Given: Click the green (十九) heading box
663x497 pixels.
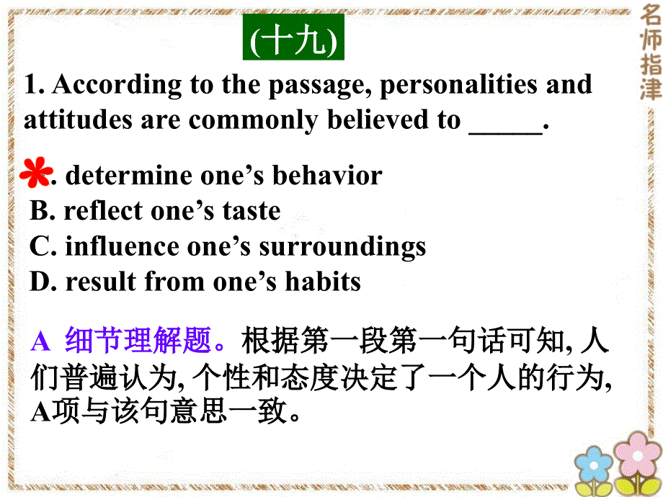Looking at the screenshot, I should click(293, 42).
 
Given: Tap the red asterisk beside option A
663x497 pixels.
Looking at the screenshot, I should click(36, 174).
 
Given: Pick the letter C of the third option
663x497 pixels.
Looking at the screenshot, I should click(40, 246).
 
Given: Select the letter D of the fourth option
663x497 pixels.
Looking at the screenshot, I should click(40, 281).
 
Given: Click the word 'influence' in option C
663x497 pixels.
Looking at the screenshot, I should click(122, 246).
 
